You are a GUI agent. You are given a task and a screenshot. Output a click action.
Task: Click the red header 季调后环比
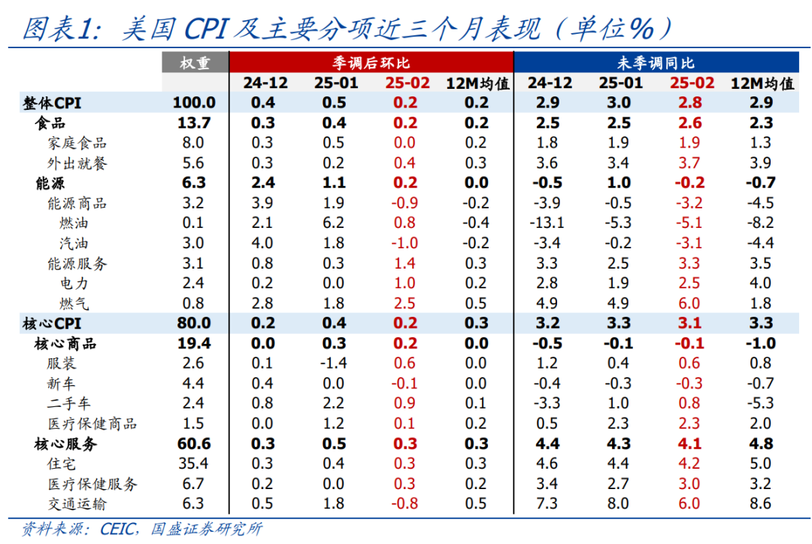tap(371, 63)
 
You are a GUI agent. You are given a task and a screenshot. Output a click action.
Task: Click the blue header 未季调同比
tap(657, 63)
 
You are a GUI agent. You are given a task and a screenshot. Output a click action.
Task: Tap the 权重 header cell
tap(195, 63)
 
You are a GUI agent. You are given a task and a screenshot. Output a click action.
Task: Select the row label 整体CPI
tap(52, 103)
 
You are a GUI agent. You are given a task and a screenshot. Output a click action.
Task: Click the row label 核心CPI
tap(52, 324)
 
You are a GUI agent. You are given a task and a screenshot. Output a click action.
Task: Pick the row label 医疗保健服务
tap(92, 485)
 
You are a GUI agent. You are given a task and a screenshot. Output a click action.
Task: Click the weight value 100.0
tap(194, 103)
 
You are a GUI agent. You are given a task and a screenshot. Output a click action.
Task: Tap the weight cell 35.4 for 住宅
tap(193, 464)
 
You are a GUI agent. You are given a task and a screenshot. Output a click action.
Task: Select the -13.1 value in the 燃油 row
tap(549, 223)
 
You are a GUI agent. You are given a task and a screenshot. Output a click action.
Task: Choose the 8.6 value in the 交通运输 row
tap(761, 504)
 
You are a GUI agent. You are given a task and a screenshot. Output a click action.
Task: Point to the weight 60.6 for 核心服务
tap(193, 444)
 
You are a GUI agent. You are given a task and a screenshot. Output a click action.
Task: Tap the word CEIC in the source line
tap(120, 529)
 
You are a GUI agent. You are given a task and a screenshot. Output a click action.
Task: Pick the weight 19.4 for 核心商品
tap(193, 344)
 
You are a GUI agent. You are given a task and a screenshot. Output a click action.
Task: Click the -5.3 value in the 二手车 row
tap(761, 404)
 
